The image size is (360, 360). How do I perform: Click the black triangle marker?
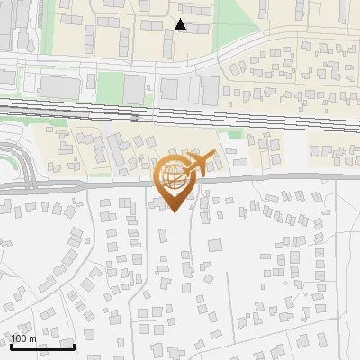pos(181,24)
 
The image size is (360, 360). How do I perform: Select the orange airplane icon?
pos(197,164)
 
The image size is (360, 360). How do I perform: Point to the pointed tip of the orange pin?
pos(173,211)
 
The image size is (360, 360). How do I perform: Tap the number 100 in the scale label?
pos(20,338)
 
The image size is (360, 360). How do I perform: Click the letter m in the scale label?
pos(33,338)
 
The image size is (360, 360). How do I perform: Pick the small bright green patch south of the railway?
pos(235,135)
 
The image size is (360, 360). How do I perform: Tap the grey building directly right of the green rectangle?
pos(134,88)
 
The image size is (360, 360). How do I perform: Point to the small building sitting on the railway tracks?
pos(134,117)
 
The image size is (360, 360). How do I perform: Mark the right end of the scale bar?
pos(74,346)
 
